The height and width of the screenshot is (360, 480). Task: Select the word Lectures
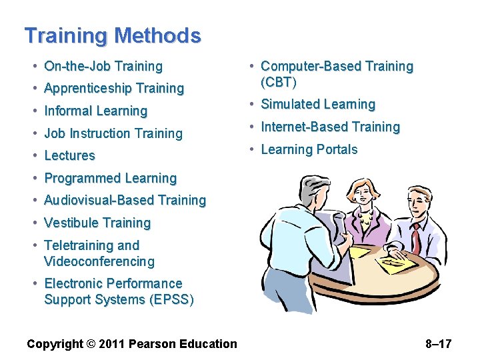click(69, 155)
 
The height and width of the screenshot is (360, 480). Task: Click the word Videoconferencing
click(99, 261)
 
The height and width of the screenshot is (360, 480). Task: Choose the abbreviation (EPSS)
click(169, 299)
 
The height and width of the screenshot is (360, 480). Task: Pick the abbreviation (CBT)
click(279, 82)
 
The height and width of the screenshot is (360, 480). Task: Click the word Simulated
click(289, 104)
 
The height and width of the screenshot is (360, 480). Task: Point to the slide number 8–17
click(438, 344)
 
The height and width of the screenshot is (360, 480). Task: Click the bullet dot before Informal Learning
click(35, 111)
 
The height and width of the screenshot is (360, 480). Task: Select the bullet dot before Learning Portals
click(251, 149)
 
